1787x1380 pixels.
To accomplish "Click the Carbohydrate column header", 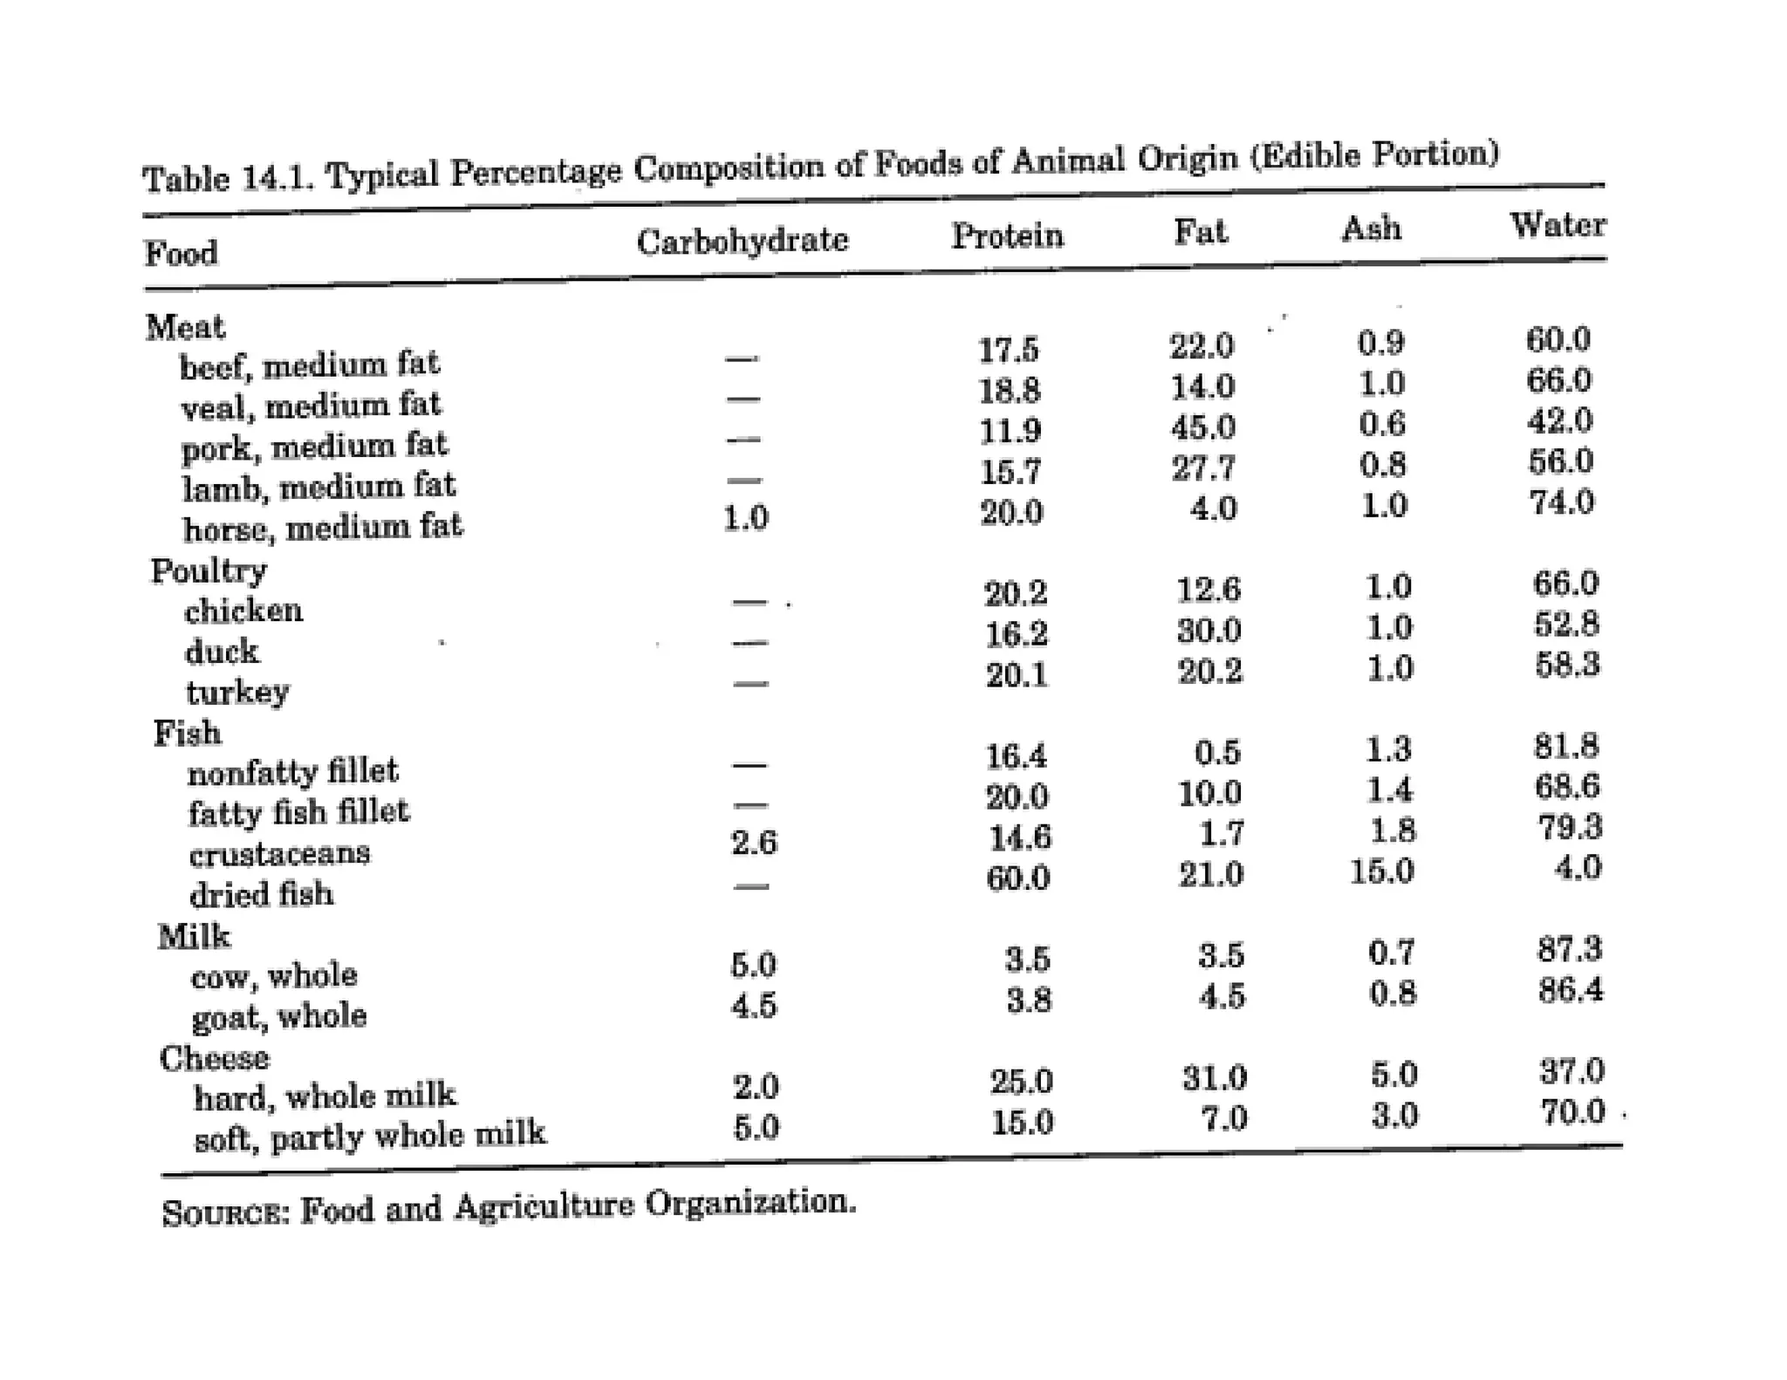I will coord(742,240).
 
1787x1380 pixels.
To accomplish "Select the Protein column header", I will coord(1007,236).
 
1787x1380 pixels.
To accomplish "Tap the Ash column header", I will coord(1372,229).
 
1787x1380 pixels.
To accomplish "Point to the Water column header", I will coord(1558,225).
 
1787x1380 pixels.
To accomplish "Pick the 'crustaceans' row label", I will coord(279,853).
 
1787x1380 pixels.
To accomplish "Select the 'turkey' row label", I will coord(237,692).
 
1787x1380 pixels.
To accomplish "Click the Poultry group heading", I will coord(209,570).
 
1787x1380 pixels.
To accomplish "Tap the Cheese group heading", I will coord(214,1058).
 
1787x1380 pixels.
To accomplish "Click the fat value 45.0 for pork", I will coord(1203,427).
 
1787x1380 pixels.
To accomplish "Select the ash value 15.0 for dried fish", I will coord(1381,871).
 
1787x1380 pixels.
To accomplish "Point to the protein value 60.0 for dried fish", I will coord(1017,878).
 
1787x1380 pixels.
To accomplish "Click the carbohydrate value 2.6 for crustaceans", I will coord(754,843).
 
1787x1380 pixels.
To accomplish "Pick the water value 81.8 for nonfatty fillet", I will coord(1566,746).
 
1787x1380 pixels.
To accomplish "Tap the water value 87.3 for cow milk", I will coord(1570,949).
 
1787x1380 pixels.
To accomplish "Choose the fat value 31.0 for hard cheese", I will coord(1214,1079).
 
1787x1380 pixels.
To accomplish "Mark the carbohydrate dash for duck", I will coord(750,644).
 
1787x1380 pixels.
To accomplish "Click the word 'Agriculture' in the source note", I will coord(544,1206).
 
